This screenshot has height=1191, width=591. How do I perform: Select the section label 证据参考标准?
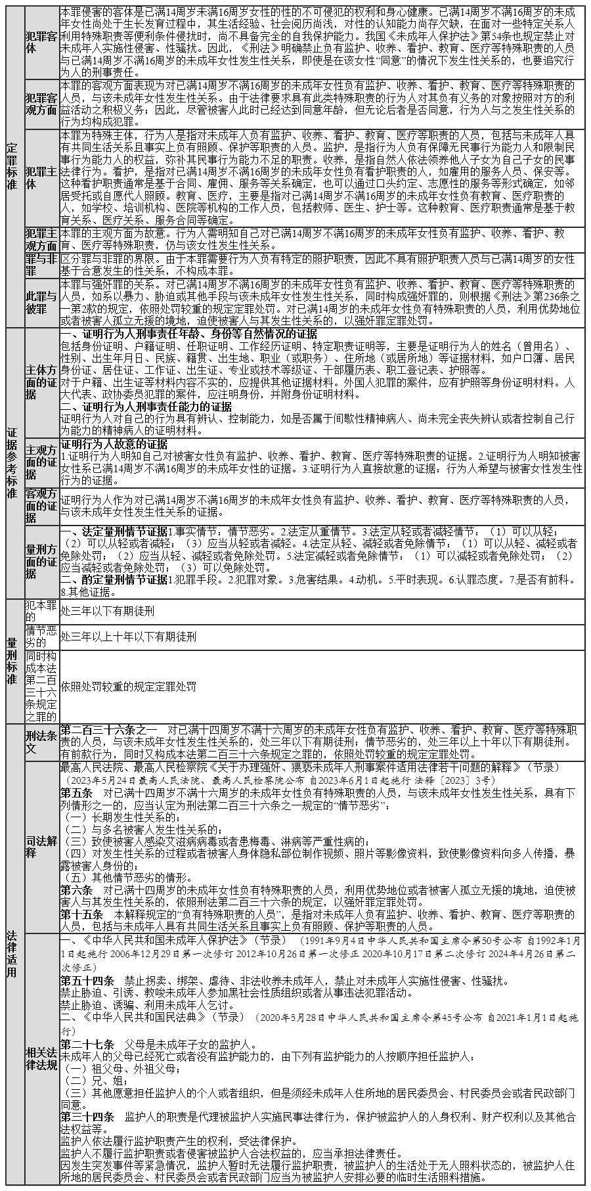point(12,463)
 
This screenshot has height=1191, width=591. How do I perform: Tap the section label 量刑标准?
point(12,660)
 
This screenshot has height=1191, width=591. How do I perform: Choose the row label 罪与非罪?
point(41,265)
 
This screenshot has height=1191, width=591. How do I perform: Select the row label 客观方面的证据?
point(41,506)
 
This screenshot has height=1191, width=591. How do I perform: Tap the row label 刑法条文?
point(41,742)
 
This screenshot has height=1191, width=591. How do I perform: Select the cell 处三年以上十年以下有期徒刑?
point(128,637)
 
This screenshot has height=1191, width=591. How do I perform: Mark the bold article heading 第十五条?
point(81,914)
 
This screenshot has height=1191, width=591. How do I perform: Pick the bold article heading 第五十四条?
point(87,981)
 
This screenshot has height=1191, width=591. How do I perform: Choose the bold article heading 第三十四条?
point(87,1116)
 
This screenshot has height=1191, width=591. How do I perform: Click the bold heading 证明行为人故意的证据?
point(114,444)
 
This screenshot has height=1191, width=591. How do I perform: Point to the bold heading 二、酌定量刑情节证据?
point(114,579)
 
